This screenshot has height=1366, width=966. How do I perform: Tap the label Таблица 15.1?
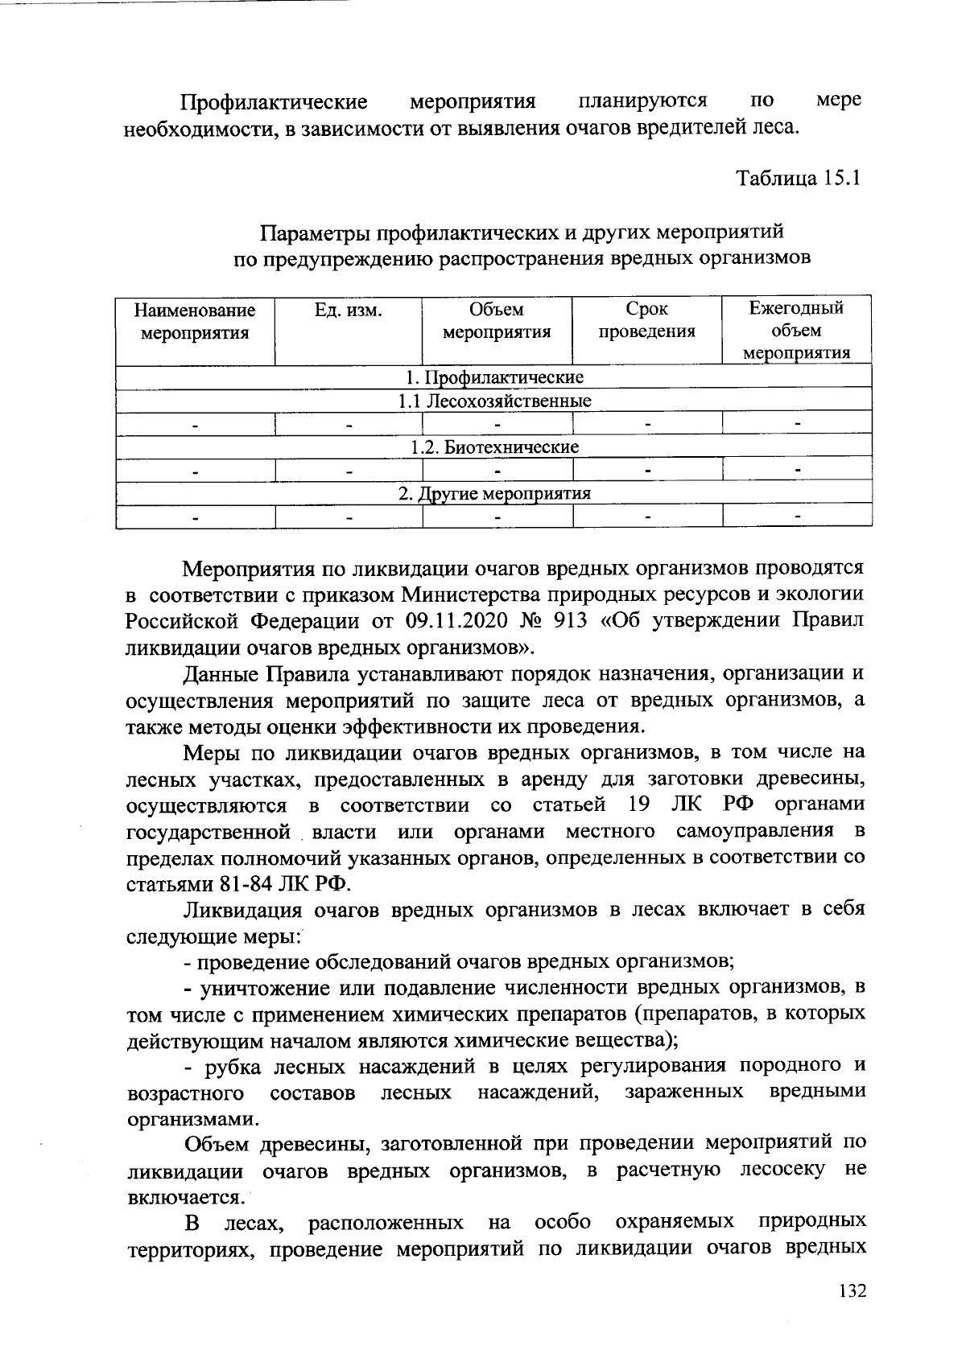coord(799,178)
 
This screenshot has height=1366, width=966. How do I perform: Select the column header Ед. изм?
coord(348,310)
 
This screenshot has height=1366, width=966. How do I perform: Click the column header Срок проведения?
coord(646,320)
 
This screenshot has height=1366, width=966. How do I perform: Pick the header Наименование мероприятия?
coord(195,321)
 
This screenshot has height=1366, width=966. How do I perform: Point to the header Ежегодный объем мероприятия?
coord(796,331)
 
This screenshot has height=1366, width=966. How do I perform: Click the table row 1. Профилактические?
coord(493,377)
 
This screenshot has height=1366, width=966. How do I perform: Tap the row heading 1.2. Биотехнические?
coord(494,446)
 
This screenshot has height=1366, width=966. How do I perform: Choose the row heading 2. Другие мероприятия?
coord(494,493)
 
